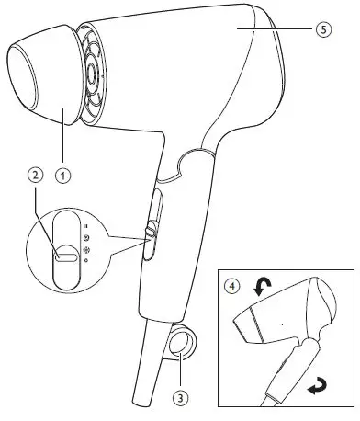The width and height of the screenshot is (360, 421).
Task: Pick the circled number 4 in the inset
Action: (x=233, y=286)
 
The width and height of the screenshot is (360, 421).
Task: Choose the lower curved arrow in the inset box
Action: (x=318, y=390)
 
